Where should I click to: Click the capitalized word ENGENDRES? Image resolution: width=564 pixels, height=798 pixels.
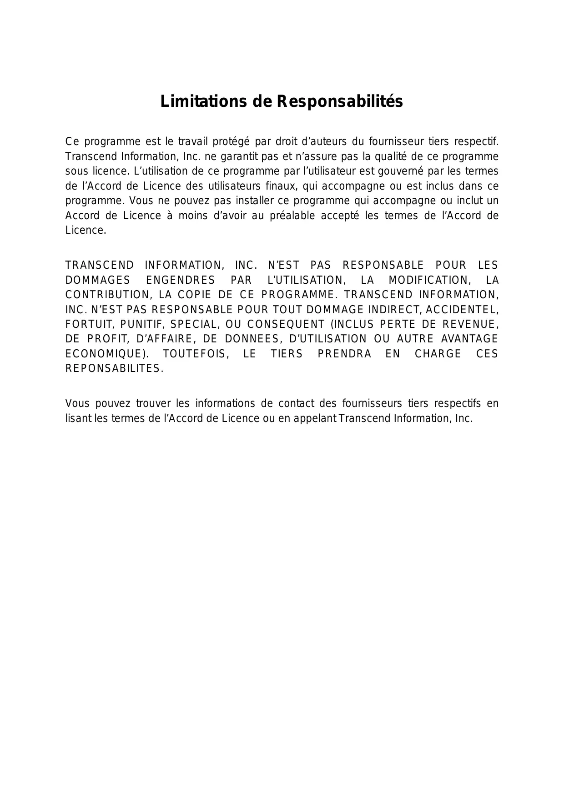181,280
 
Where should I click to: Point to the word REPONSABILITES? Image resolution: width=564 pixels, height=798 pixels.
114,369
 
